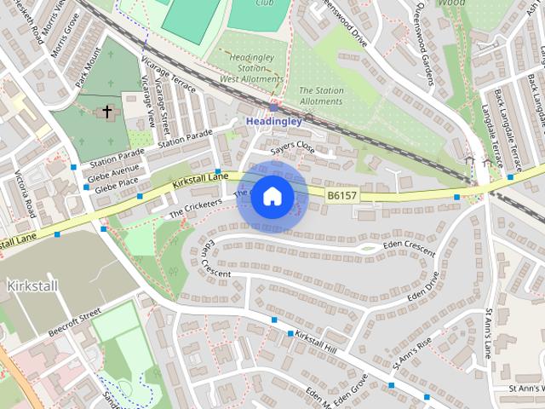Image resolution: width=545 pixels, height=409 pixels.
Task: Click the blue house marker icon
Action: (x=272, y=197)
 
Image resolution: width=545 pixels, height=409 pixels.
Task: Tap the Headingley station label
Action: (x=273, y=122)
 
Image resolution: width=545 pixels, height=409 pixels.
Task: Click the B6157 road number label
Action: (x=342, y=196)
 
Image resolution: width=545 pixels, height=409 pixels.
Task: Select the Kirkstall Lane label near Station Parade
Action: (x=200, y=180)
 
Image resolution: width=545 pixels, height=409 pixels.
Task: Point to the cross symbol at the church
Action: (x=107, y=112)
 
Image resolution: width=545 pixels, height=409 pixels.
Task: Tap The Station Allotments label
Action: (x=320, y=95)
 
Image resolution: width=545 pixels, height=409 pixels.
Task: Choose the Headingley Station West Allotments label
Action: (x=250, y=68)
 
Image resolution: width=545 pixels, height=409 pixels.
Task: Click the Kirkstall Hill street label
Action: (x=316, y=343)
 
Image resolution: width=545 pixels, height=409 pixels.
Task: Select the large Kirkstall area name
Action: (x=32, y=285)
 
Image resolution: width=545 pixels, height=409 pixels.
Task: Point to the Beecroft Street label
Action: (x=75, y=322)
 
